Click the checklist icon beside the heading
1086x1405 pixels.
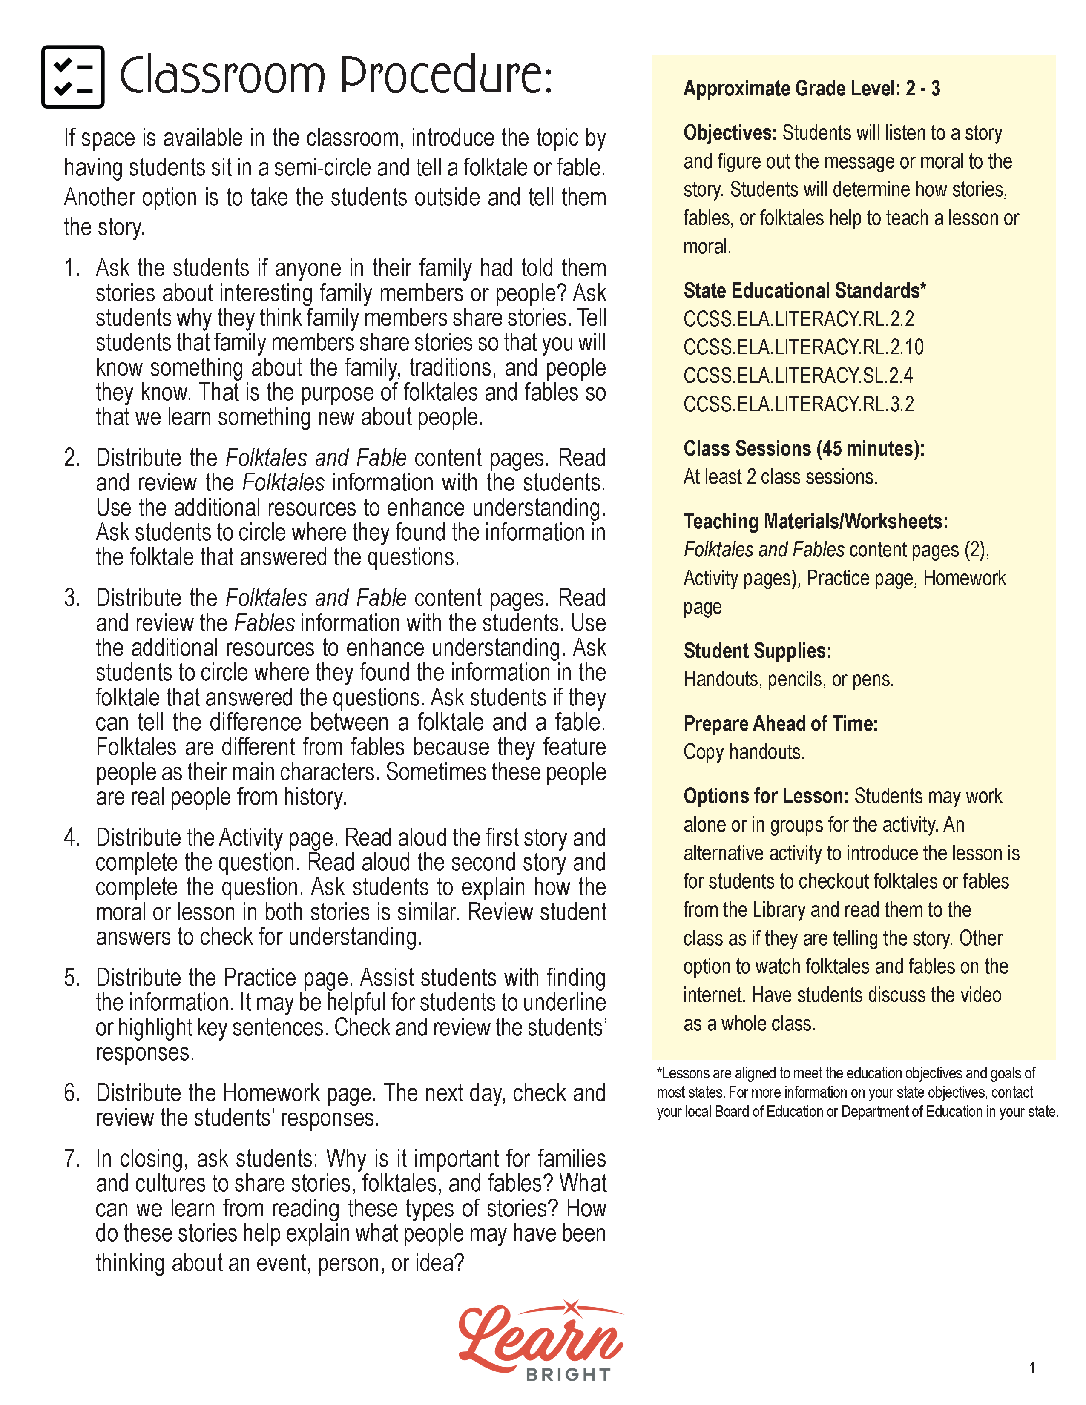point(73,77)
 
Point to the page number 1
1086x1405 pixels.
point(1032,1368)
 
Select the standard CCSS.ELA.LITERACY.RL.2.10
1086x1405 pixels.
point(803,347)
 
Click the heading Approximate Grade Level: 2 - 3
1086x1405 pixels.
point(811,89)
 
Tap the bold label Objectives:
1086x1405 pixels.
point(730,133)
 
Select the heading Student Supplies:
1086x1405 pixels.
point(757,651)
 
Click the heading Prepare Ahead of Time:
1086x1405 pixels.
point(780,724)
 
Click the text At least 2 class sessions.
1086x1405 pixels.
point(780,477)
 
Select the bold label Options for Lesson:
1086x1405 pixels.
point(766,797)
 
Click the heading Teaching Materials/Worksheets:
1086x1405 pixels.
point(815,522)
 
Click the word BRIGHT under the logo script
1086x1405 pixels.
point(568,1375)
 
